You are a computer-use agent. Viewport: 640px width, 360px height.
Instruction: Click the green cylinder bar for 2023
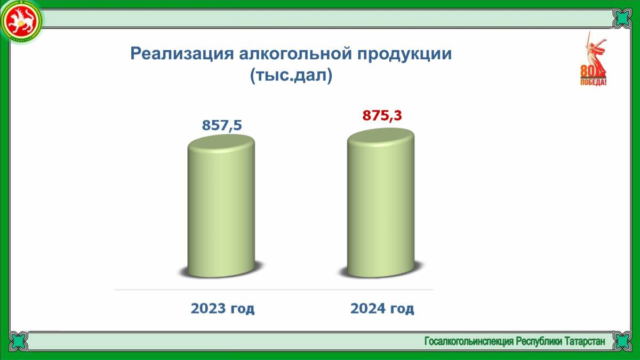pos(221,206)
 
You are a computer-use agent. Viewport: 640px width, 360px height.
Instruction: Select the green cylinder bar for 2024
pos(381,203)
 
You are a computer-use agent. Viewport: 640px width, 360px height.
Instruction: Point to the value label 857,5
pos(222,125)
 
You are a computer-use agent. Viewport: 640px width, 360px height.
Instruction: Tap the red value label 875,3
pos(382,115)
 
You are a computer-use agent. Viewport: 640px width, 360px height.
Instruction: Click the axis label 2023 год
pos(222,309)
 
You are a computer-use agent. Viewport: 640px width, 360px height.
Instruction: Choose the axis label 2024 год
pos(382,309)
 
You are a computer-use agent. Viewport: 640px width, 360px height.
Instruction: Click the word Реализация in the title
pos(182,53)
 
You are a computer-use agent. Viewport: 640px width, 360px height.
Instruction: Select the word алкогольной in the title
pos(295,53)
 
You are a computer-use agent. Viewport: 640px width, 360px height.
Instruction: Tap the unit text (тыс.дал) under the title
pos(291,75)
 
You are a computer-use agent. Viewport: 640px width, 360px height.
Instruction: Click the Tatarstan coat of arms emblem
pos(21,22)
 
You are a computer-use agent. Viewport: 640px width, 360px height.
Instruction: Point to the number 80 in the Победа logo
pos(588,71)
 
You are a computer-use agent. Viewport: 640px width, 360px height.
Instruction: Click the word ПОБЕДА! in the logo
pos(593,82)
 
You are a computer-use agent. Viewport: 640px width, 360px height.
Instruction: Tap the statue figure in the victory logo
pos(595,54)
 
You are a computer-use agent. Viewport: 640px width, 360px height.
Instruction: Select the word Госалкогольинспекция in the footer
pos(469,341)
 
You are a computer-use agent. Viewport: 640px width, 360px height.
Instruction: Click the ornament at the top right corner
pos(622,18)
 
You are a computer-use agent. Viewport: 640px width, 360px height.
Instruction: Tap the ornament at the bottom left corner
pos(19,341)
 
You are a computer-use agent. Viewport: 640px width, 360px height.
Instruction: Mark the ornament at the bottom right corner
pos(622,341)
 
